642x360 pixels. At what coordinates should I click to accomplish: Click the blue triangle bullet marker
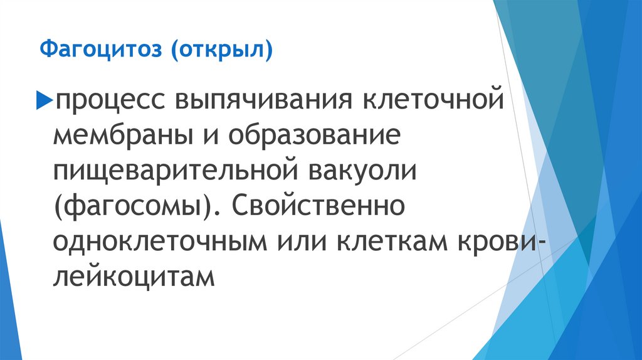(45, 98)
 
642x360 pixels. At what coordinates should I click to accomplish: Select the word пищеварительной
(179, 172)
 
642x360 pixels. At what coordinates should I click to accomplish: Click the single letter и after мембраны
(219, 136)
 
